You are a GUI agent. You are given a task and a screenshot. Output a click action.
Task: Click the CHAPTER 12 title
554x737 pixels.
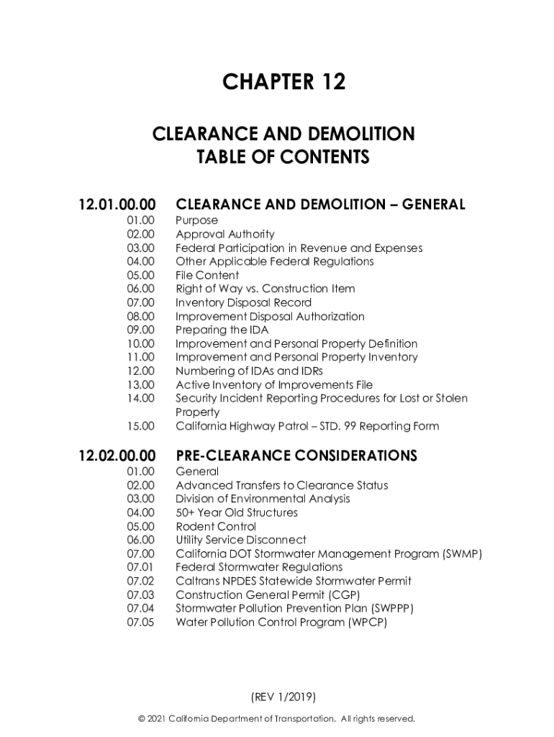283,82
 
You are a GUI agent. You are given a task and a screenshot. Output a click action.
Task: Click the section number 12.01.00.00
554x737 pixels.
117,205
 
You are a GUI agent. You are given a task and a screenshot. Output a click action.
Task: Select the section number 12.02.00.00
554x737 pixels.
117,456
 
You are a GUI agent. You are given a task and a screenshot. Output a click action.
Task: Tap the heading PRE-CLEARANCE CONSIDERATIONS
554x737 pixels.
296,456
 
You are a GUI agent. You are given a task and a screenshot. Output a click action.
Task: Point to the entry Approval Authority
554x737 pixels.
224,234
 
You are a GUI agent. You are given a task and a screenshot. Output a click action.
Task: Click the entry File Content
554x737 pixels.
207,275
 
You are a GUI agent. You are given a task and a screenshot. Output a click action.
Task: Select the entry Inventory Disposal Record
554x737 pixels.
243,302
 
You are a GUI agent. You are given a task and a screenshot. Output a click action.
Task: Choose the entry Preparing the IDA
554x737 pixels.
222,330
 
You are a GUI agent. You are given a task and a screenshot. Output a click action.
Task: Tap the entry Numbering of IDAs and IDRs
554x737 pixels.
250,371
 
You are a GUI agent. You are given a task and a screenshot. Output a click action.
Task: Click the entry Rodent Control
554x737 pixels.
216,526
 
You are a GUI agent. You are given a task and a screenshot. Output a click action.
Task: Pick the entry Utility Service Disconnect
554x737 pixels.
241,540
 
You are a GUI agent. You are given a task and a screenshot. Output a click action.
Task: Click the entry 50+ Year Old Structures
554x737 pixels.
237,512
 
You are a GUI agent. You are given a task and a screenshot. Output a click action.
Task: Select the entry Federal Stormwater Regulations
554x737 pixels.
259,567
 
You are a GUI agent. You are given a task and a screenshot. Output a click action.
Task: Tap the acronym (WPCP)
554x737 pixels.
367,622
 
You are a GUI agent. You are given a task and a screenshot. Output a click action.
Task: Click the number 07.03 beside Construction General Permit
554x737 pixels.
141,594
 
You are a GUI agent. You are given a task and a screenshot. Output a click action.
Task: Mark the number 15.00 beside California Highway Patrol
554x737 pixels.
141,426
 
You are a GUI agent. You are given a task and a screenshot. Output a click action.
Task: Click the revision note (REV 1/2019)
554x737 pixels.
283,697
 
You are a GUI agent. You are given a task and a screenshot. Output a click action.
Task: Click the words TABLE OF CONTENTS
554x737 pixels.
283,157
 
